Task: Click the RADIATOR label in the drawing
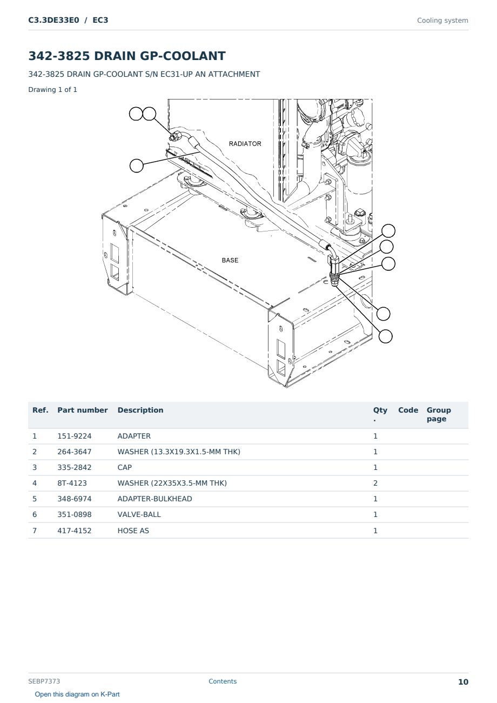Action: pyautogui.click(x=245, y=144)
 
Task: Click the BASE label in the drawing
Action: pyautogui.click(x=230, y=260)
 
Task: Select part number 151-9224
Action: pyautogui.click(x=75, y=436)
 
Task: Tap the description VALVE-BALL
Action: pyautogui.click(x=139, y=514)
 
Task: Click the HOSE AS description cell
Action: pyautogui.click(x=133, y=530)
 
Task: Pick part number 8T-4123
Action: pyautogui.click(x=72, y=483)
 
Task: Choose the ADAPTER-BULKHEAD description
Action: pyautogui.click(x=155, y=499)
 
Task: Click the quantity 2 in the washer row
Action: pyautogui.click(x=375, y=483)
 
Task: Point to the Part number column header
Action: pyautogui.click(x=83, y=410)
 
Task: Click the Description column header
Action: pyautogui.click(x=140, y=410)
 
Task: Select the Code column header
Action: pyautogui.click(x=408, y=410)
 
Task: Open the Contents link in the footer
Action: pyautogui.click(x=223, y=681)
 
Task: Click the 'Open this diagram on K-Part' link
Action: pyautogui.click(x=77, y=694)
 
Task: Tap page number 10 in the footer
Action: pyautogui.click(x=463, y=682)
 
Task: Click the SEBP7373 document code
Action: pyautogui.click(x=44, y=681)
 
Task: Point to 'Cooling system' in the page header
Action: pyautogui.click(x=442, y=21)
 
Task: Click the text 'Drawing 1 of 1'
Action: pyautogui.click(x=53, y=90)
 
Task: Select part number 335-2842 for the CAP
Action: pyautogui.click(x=75, y=467)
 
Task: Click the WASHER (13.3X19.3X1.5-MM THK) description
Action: pyautogui.click(x=179, y=452)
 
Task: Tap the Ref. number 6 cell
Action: pyautogui.click(x=35, y=514)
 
